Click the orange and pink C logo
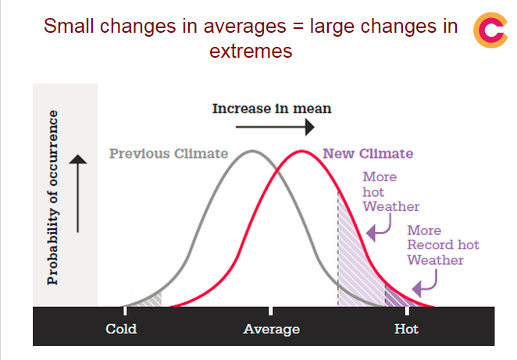490,30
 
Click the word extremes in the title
251,51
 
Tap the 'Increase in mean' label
272,109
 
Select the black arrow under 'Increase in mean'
275,127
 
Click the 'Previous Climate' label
169,154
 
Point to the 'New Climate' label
368,154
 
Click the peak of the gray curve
252,151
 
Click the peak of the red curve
301,151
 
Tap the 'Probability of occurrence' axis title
53,198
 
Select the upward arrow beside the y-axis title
78,194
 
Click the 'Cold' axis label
121,329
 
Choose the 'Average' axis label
271,330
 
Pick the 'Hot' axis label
406,329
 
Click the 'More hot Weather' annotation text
391,191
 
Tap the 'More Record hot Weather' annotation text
443,245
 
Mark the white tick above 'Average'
270,311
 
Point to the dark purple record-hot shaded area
395,298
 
